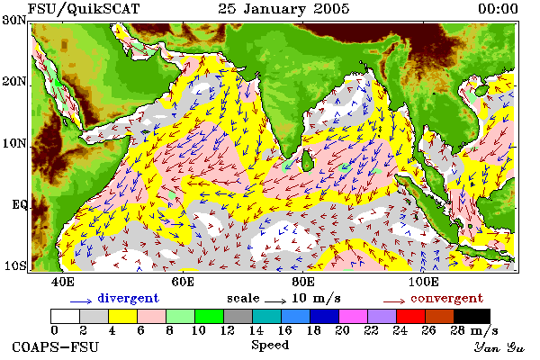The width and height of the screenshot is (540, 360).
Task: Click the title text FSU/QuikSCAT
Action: point(84,9)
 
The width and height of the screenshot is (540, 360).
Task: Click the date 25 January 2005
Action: point(283,9)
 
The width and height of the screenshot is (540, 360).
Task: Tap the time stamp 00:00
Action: point(498,9)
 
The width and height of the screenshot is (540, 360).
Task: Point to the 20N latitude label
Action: point(14,81)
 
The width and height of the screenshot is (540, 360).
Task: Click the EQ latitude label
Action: point(19,204)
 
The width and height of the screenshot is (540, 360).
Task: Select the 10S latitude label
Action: point(14,265)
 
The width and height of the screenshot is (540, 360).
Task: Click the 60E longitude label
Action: point(183,282)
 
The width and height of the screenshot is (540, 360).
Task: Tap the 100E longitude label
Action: point(423,282)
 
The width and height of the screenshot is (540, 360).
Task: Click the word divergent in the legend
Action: point(128,298)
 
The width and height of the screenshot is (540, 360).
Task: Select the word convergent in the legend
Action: point(446,298)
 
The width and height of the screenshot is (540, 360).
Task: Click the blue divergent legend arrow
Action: point(81,301)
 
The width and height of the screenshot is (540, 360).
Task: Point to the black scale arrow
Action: point(275,301)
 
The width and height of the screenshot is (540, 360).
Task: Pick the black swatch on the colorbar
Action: point(472,316)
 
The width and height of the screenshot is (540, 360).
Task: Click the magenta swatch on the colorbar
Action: point(354,316)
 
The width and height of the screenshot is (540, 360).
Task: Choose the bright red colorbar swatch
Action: point(411,316)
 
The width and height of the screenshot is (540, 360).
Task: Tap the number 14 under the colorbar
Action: point(256,330)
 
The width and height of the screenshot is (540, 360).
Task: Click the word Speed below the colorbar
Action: point(270,345)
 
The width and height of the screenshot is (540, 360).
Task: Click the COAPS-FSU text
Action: point(56,346)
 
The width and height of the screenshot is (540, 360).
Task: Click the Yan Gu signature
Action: point(499,347)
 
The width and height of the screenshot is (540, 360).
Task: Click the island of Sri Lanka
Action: point(307,161)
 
